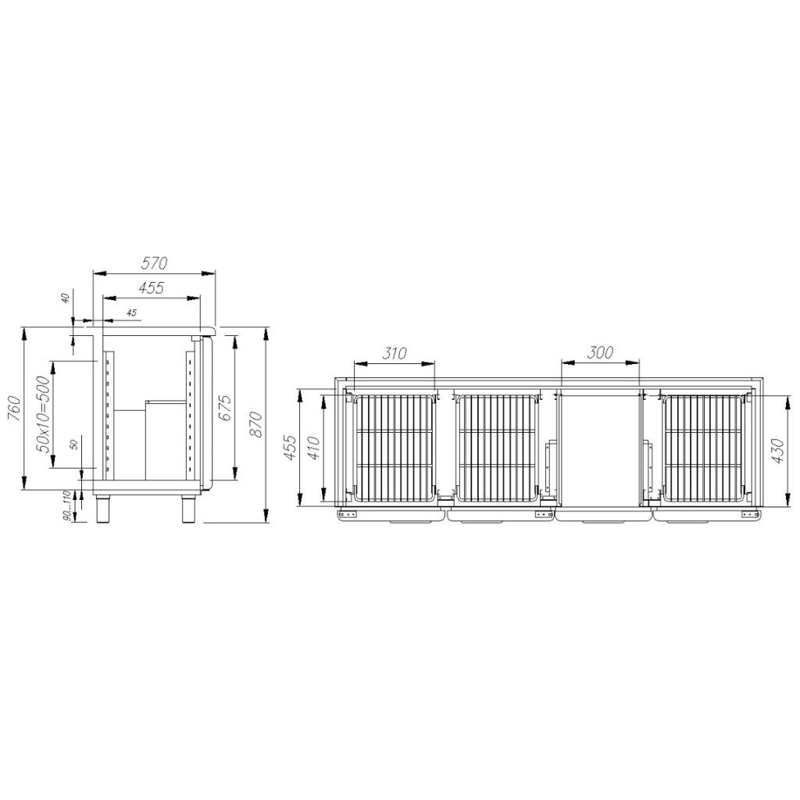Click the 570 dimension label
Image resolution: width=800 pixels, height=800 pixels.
[154, 263]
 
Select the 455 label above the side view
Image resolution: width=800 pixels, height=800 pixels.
[152, 287]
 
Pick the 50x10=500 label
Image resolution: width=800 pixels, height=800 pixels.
[44, 414]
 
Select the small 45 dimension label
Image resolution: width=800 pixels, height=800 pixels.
[131, 312]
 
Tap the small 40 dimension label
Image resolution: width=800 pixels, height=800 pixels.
[65, 298]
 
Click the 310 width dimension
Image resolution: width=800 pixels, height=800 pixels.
[395, 353]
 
